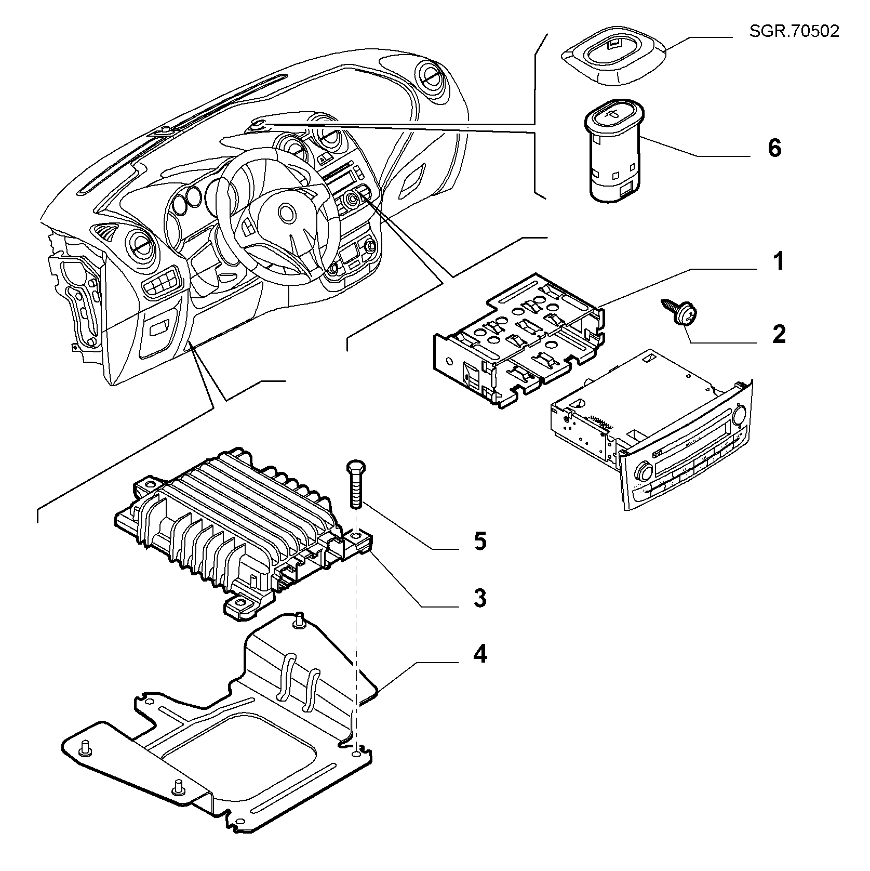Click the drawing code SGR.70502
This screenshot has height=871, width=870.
(x=794, y=31)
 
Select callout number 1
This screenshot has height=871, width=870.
(x=777, y=261)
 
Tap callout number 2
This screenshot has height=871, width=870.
(x=779, y=334)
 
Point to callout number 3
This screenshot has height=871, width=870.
(x=480, y=598)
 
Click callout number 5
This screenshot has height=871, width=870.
(x=480, y=542)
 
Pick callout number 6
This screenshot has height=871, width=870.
(x=774, y=149)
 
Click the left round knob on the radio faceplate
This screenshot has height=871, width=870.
(x=644, y=472)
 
